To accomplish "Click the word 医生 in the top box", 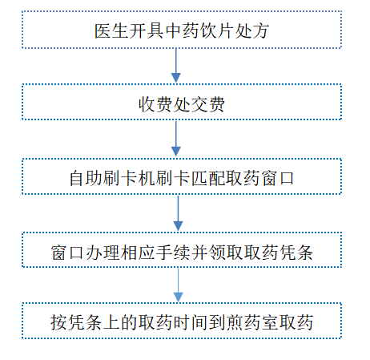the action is [x=111, y=31].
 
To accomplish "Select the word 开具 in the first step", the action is [x=147, y=31].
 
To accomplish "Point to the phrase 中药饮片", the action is [x=199, y=31].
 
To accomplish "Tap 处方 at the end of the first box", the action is [x=251, y=31].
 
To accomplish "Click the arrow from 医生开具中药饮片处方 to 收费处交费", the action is [x=176, y=66].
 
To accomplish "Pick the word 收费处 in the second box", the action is [x=164, y=104].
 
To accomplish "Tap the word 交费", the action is [x=207, y=104].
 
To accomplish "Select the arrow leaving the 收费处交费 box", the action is [x=176, y=139].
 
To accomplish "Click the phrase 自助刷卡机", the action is [x=112, y=178].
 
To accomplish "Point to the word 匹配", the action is [x=207, y=178].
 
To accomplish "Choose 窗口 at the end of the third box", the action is [x=277, y=178].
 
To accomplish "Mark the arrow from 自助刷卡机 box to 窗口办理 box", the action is [x=178, y=213].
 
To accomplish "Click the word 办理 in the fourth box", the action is [x=103, y=253].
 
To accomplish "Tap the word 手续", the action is [x=173, y=253].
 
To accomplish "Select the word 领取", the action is [x=225, y=253].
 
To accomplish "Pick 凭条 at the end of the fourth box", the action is [x=295, y=253].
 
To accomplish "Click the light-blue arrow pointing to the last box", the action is [x=178, y=285].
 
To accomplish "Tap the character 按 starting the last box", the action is [x=59, y=322].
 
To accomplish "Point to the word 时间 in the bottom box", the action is [x=190, y=322].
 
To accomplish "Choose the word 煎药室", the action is [x=251, y=322].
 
